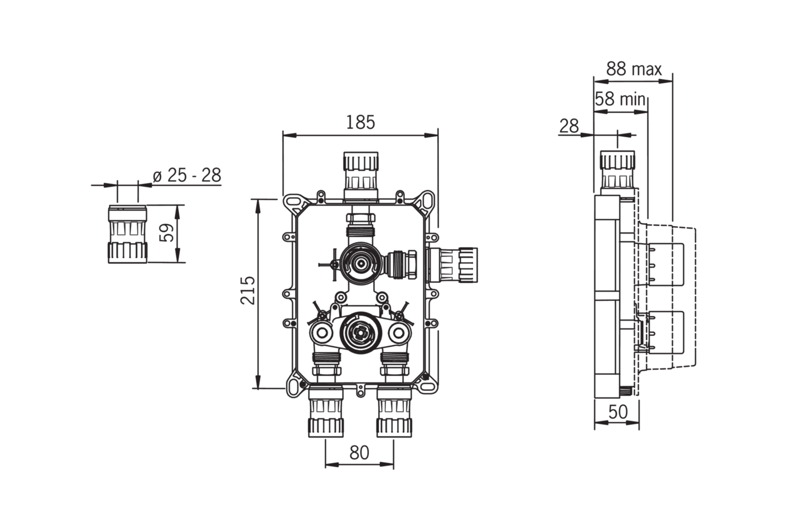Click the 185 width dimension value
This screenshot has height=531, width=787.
(x=361, y=122)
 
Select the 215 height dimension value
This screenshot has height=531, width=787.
(x=248, y=290)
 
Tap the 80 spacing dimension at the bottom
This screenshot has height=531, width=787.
(x=360, y=453)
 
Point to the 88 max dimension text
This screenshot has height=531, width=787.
(x=634, y=69)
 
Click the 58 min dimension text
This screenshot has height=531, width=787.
(x=620, y=99)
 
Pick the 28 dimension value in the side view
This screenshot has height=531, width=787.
(x=569, y=126)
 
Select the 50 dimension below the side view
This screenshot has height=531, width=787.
(x=618, y=412)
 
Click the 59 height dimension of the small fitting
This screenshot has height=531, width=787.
(x=167, y=233)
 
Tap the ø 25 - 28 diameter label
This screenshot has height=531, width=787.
(x=187, y=175)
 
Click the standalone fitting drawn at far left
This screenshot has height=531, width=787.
(x=127, y=234)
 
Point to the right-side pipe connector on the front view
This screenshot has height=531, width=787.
(x=452, y=265)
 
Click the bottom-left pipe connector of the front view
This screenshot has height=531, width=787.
(x=326, y=411)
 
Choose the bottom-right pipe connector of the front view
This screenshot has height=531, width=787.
(x=394, y=411)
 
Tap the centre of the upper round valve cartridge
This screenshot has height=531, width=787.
(x=361, y=263)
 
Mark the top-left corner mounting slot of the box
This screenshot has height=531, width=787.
(x=293, y=203)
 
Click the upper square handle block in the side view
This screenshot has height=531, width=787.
(x=665, y=264)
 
